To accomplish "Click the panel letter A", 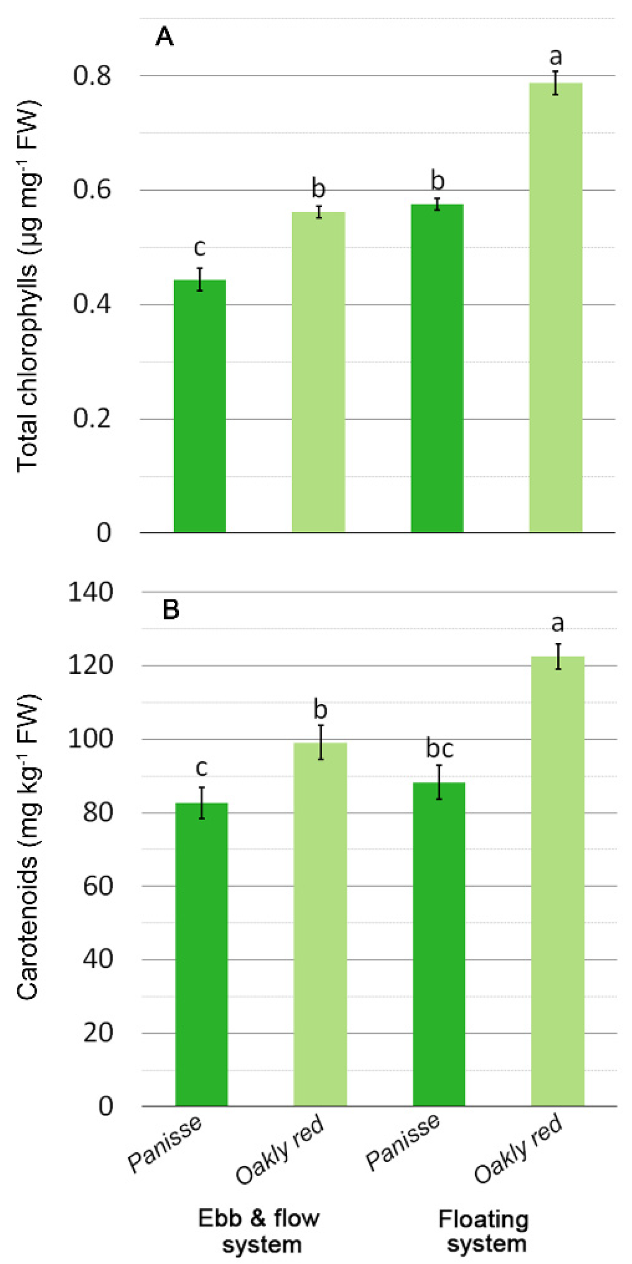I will pos(164,37).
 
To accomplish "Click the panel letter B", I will pos(171,610).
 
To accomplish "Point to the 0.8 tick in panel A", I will pos(92,76).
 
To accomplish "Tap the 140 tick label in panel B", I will pos(91,593).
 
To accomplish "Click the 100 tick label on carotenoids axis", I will pos(91,739).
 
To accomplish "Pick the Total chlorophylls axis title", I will pos(28,286).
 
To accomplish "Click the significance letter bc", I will pos(439,749).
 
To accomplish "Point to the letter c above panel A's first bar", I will pos(199,248).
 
